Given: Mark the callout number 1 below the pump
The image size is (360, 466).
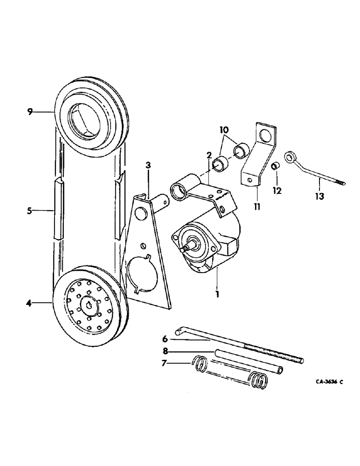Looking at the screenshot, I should pyautogui.click(x=216, y=295).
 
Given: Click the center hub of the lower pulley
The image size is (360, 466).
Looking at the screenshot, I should pyautogui.click(x=89, y=305).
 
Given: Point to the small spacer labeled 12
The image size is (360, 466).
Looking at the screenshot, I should pyautogui.click(x=276, y=166).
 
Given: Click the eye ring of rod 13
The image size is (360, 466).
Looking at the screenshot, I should pyautogui.click(x=292, y=157).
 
